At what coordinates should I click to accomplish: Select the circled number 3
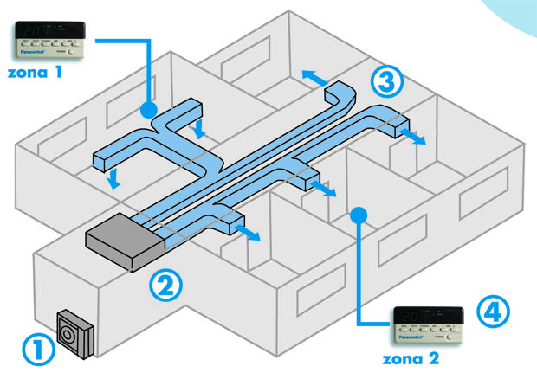coord(386,80)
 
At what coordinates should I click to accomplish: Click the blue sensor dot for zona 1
coord(148,110)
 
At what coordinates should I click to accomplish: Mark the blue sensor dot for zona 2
coord(356,212)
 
